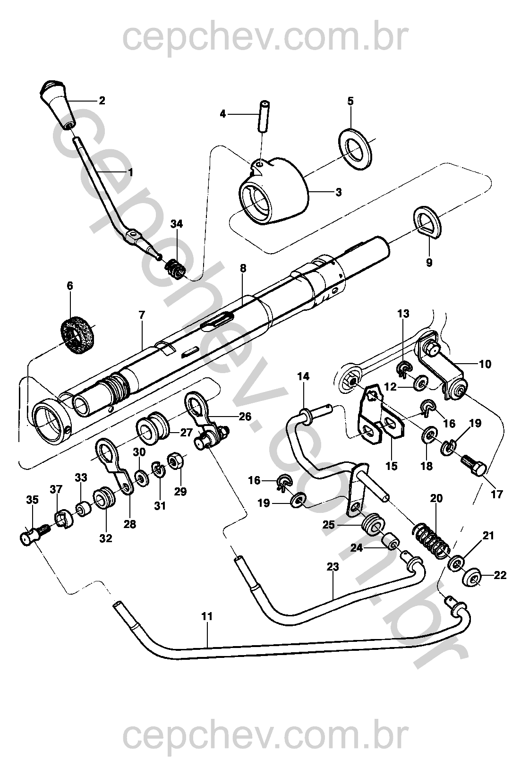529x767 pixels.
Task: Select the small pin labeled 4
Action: pyautogui.click(x=263, y=116)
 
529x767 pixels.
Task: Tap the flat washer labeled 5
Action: pyautogui.click(x=355, y=149)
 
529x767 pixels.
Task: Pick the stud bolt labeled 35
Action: pyautogui.click(x=34, y=537)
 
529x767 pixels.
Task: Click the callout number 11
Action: pyautogui.click(x=207, y=616)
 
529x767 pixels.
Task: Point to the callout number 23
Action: pyautogui.click(x=333, y=567)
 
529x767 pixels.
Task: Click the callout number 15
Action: pyautogui.click(x=392, y=466)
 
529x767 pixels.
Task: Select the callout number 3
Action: pyautogui.click(x=338, y=192)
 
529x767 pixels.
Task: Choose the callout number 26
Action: pyautogui.click(x=245, y=417)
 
